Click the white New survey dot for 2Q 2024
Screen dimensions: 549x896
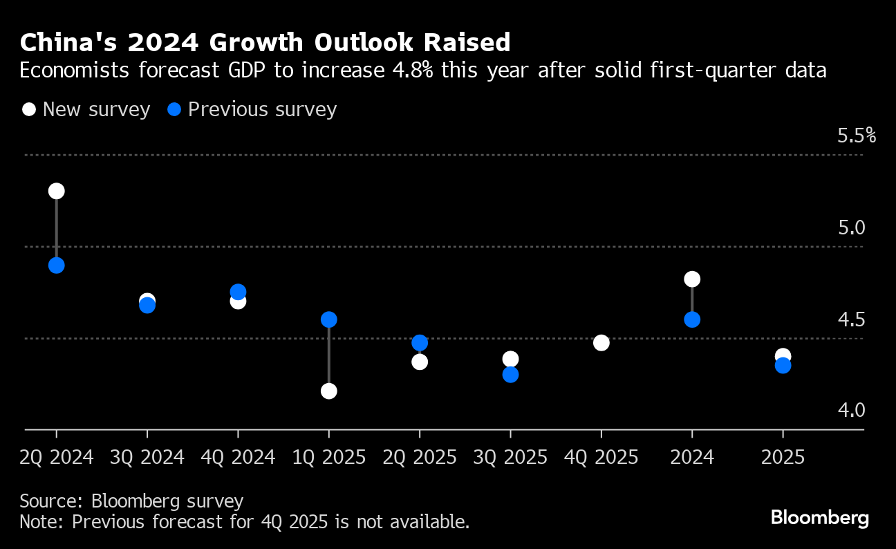57,192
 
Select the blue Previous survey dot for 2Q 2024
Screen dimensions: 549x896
57,266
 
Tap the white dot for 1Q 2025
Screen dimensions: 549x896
329,391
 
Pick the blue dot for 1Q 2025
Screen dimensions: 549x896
329,319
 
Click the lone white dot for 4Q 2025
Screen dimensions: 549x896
601,343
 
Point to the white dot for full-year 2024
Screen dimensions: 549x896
692,279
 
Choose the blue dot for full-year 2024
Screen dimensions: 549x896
692,319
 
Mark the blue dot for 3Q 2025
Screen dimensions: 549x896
511,375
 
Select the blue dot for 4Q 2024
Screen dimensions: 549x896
239,292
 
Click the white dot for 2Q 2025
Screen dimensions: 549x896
420,362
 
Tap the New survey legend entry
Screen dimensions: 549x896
86,110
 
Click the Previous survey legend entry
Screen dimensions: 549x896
253,110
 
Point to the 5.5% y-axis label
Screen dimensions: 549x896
856,136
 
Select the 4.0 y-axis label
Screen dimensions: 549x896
851,411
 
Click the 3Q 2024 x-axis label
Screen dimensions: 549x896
147,458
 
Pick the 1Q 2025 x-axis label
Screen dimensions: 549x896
329,458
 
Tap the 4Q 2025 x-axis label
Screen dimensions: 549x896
601,458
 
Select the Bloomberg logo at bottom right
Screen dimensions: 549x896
819,518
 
